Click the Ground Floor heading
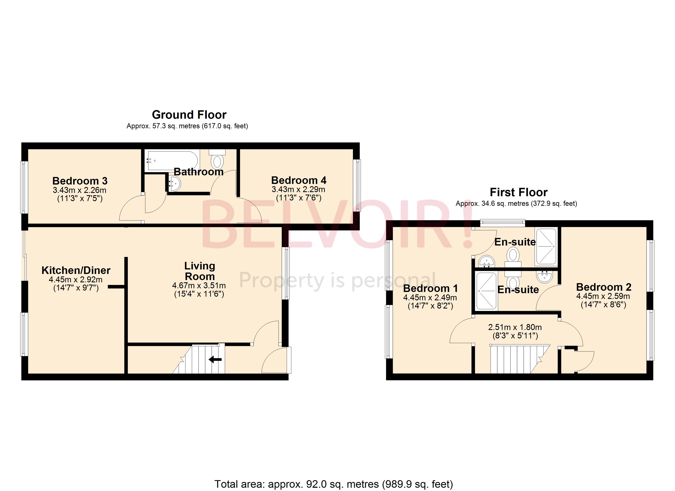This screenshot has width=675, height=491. (x=189, y=115)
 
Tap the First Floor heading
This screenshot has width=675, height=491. (x=519, y=192)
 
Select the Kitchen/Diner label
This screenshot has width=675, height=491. (x=76, y=270)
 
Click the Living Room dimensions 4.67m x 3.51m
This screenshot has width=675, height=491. (x=199, y=286)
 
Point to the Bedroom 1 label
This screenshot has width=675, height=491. (x=430, y=288)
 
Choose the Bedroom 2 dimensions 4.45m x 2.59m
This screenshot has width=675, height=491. (x=603, y=296)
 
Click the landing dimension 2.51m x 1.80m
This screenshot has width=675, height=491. (x=515, y=327)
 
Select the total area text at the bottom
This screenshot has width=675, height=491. (x=333, y=484)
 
